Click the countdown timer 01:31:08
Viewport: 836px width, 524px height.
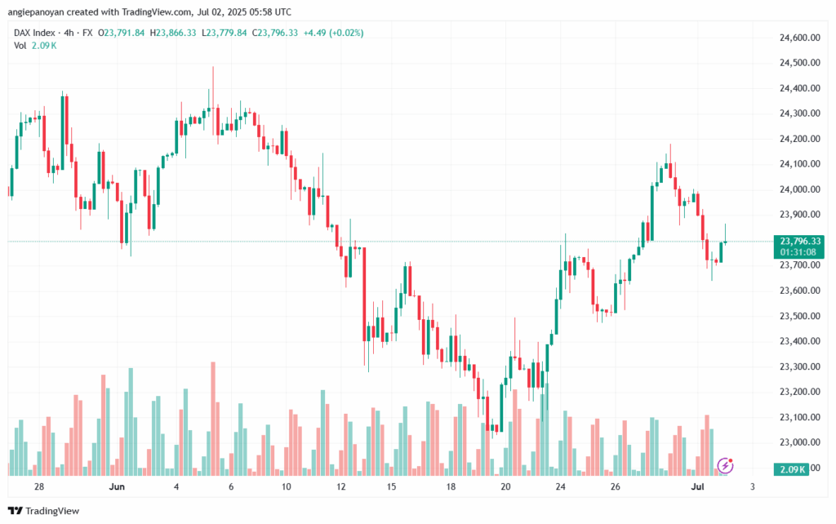(798, 252)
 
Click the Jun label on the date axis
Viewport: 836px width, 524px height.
(117, 486)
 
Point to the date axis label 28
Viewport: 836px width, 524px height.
(38, 486)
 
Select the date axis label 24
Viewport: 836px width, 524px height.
(561, 486)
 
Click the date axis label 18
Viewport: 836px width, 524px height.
(451, 486)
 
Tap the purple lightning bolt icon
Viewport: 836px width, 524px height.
(725, 465)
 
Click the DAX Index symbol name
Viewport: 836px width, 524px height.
(35, 33)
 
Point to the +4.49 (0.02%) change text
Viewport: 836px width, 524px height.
(333, 33)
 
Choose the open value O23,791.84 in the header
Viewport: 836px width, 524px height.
(122, 33)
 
